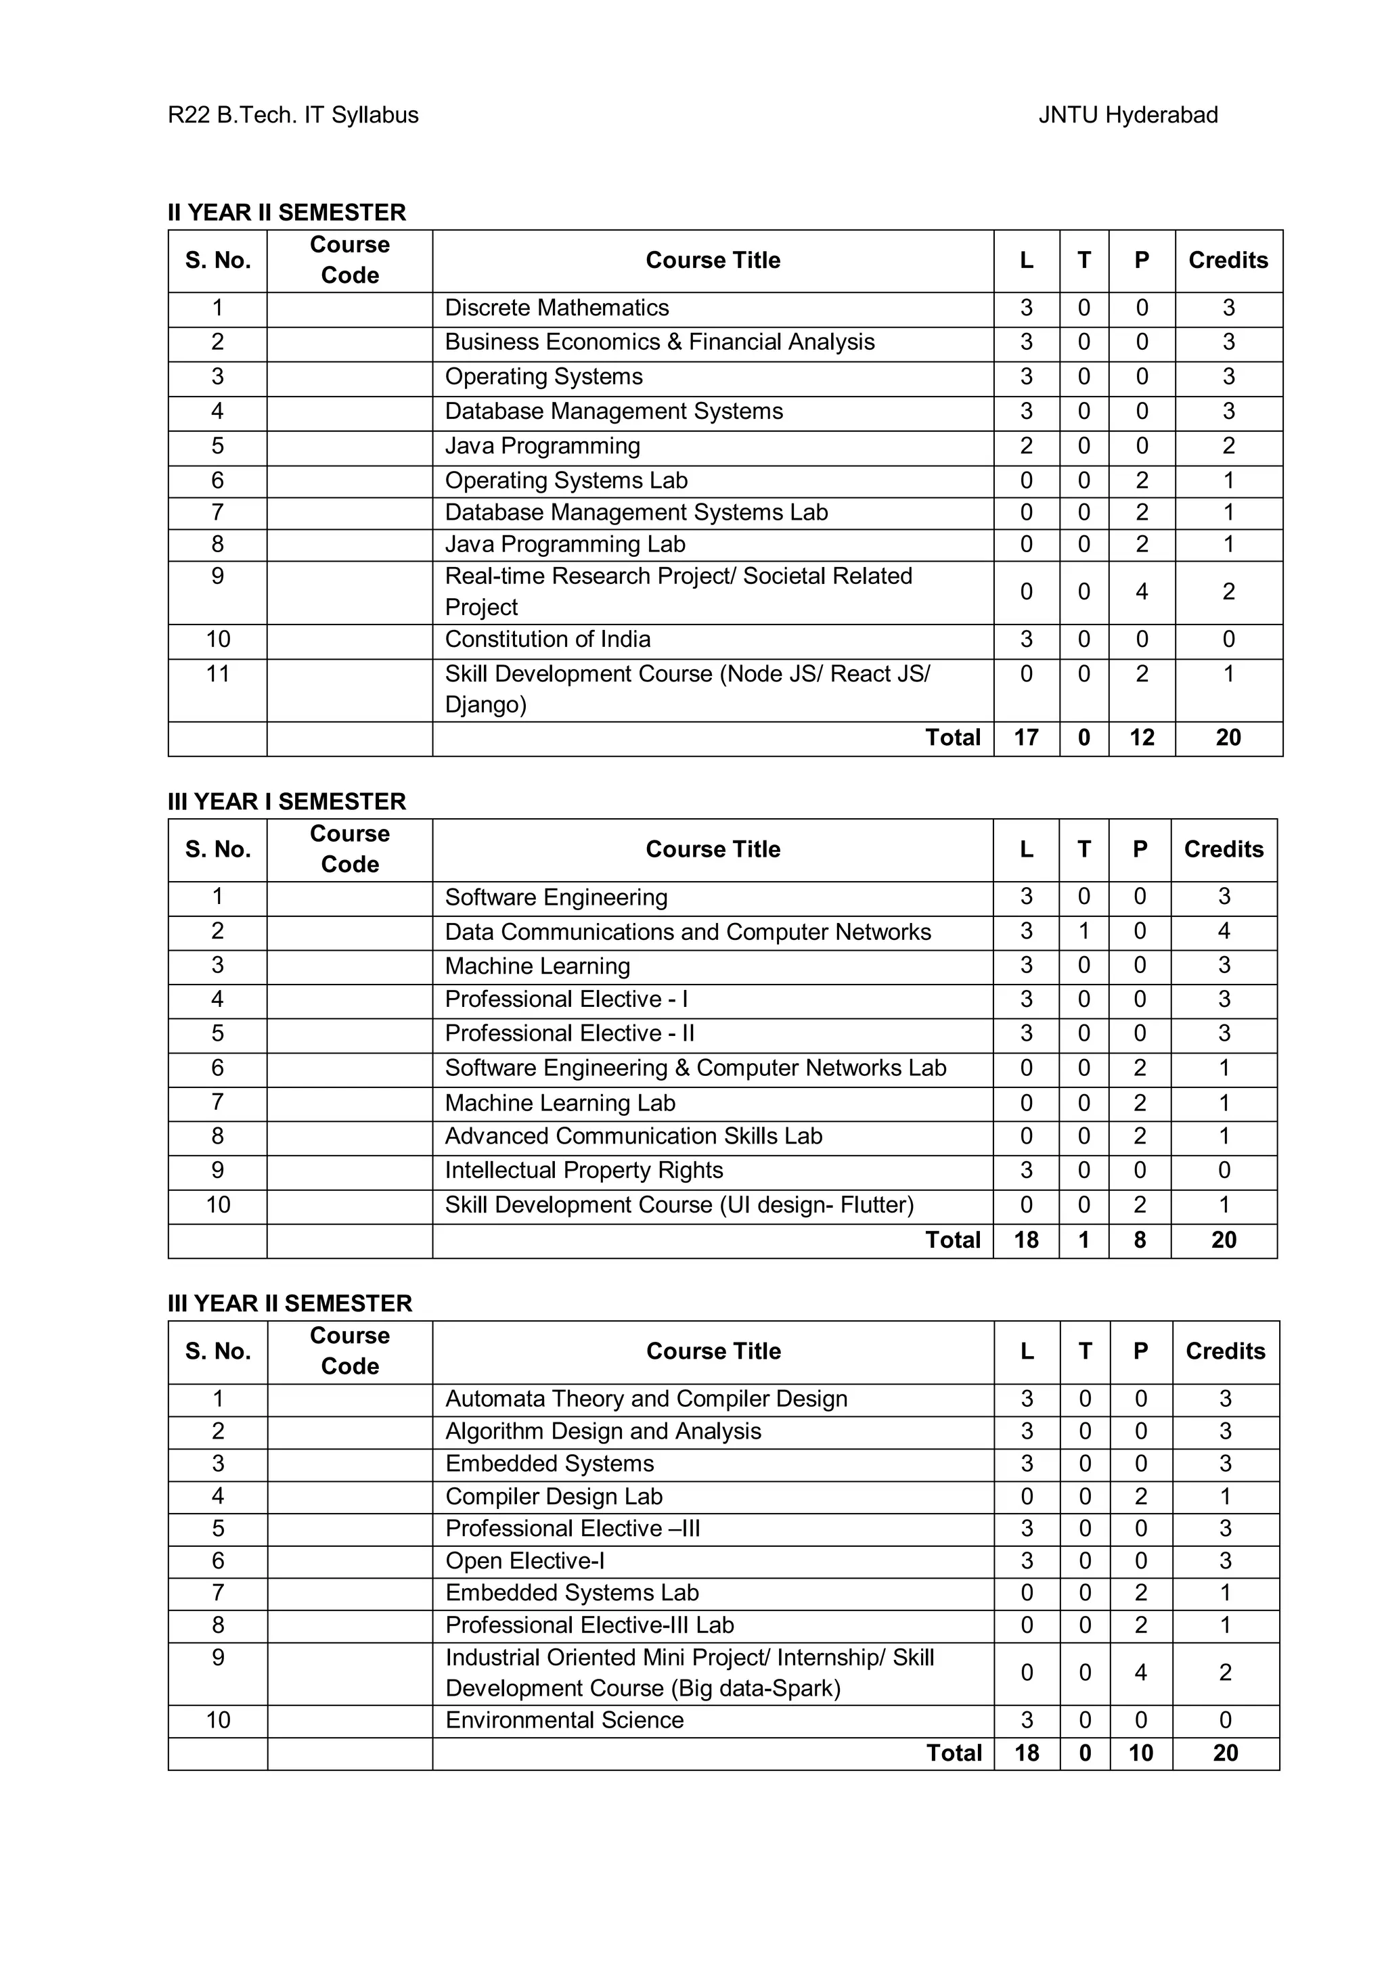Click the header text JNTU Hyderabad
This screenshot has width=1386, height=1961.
(x=1127, y=115)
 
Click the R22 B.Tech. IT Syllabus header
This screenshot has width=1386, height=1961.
(x=293, y=115)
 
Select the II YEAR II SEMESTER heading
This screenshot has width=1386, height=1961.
(x=287, y=212)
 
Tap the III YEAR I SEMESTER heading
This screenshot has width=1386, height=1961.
(x=287, y=801)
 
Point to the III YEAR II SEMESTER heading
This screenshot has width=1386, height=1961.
(x=290, y=1303)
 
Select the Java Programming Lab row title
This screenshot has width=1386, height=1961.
(x=564, y=544)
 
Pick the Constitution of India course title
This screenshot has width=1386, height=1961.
(x=547, y=639)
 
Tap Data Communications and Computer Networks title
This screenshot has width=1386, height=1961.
(x=688, y=932)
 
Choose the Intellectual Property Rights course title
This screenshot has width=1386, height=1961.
(x=584, y=1170)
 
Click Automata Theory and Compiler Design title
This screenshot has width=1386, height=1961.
(x=646, y=1399)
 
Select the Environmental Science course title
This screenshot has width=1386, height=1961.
(x=564, y=1720)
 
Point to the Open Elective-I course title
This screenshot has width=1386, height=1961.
(x=525, y=1561)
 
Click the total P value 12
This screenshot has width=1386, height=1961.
(x=1142, y=738)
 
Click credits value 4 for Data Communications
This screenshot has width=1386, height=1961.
(x=1224, y=931)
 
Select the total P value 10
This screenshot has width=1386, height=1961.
(x=1141, y=1753)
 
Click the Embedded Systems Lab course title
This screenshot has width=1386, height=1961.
(x=572, y=1593)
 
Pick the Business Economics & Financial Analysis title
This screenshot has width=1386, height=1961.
(x=659, y=342)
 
